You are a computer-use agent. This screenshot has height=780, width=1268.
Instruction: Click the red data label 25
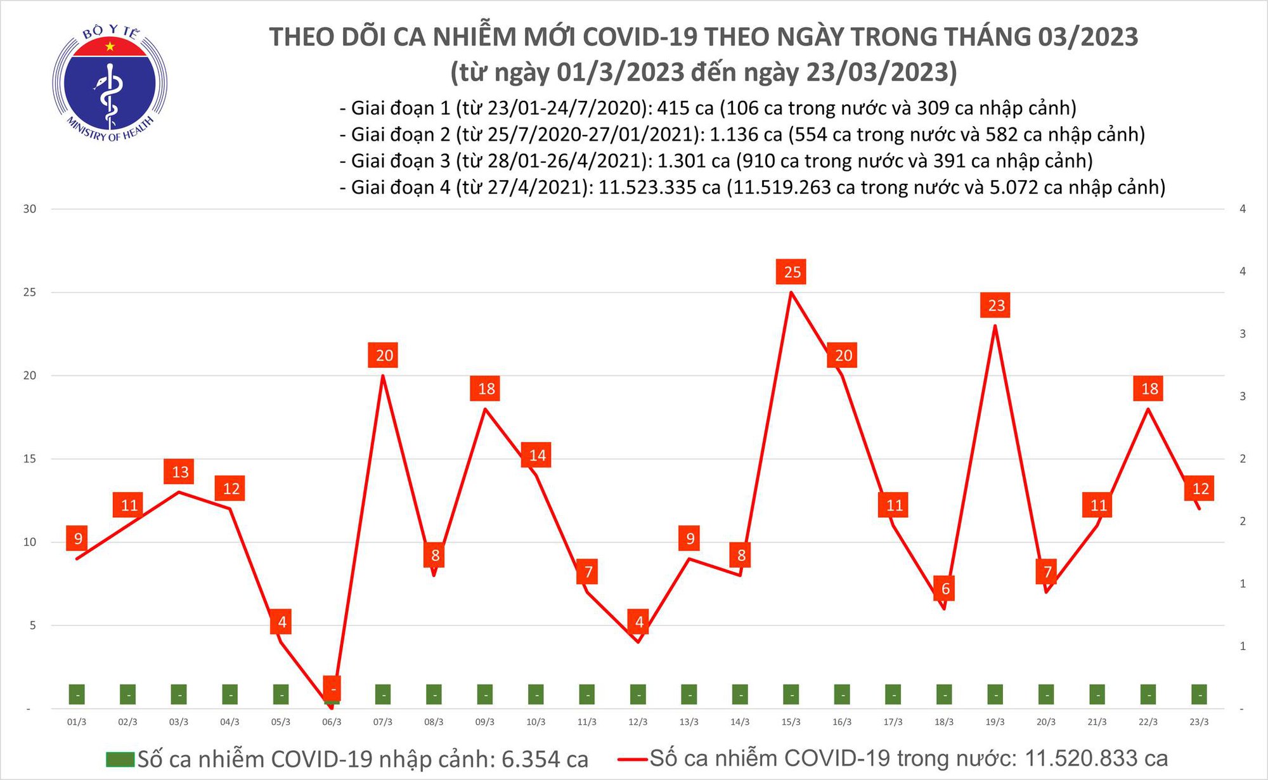(792, 272)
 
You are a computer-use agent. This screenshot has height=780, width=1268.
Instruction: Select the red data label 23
(996, 306)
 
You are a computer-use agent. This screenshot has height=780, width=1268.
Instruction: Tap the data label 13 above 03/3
(180, 472)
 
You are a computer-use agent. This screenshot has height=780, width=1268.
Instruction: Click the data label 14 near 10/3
(537, 455)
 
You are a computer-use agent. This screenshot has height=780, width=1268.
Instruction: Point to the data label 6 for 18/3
(945, 588)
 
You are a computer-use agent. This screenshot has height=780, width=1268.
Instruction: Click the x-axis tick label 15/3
(791, 722)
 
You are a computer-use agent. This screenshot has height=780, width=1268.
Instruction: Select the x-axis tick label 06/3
(332, 722)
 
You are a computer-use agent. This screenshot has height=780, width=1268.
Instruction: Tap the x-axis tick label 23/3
(1198, 722)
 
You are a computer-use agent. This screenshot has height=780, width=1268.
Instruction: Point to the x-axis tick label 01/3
(77, 722)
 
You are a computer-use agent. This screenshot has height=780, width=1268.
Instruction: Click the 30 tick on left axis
(30, 209)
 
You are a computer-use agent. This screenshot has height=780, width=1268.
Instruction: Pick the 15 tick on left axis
(30, 458)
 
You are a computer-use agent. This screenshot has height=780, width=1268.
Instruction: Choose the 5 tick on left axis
(31, 625)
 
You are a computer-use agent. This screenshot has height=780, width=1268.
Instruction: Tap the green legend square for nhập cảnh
(120, 759)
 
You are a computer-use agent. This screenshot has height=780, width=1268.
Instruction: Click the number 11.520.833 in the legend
(1095, 758)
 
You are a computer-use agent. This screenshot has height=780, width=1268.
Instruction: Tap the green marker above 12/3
(638, 695)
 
